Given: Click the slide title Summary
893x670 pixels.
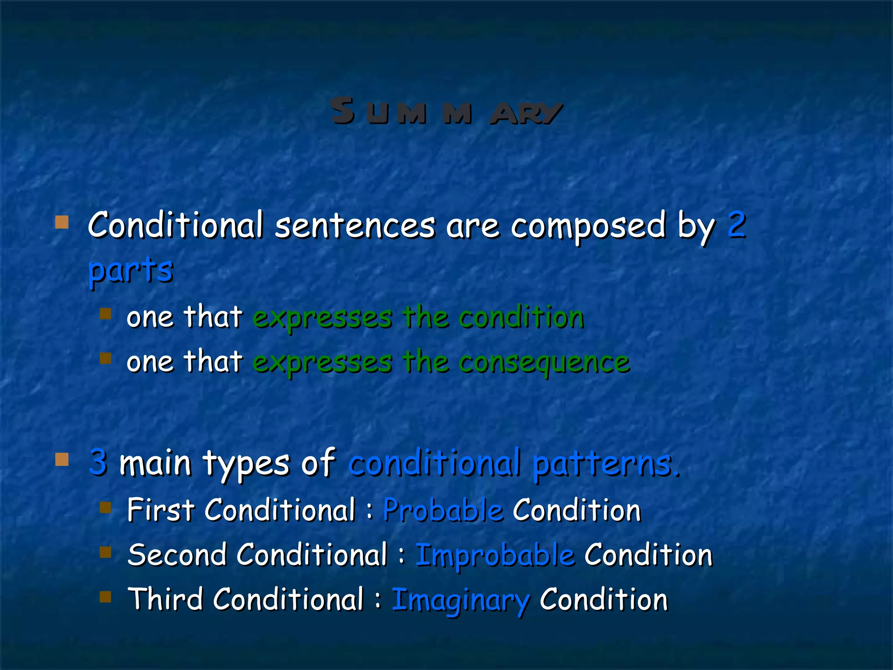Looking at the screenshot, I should point(446,112).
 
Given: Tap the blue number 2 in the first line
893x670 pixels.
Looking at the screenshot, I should point(736,225).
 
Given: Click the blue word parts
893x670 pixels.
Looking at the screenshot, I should point(130,270).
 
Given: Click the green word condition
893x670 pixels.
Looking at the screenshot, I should point(521,317).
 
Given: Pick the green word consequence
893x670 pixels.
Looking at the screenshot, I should point(544,362).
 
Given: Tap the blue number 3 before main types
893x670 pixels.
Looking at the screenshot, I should point(98,462).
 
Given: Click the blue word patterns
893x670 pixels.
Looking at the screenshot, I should point(606,463).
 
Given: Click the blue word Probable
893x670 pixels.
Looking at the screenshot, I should point(443,510).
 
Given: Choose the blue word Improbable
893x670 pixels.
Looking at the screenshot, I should point(495,556).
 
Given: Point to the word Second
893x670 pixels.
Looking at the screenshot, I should point(177,555).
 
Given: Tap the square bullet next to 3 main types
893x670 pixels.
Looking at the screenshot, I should point(62,459).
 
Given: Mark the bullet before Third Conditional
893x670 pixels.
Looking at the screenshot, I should point(105,596).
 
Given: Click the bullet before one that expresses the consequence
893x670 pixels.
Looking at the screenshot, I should point(105,358).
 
